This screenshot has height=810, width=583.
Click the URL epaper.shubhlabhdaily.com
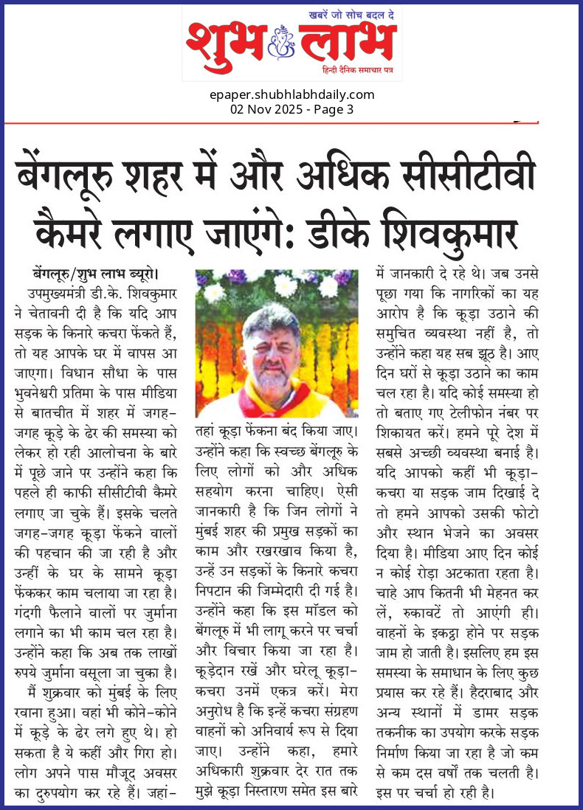point(291,94)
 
